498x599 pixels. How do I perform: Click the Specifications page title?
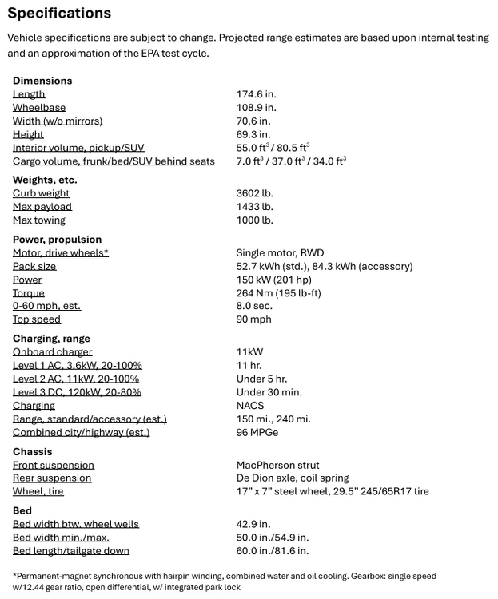point(59,14)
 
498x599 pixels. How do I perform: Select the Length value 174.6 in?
point(256,94)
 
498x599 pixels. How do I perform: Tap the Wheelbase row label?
point(39,108)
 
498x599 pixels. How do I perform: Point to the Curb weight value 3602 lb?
point(254,193)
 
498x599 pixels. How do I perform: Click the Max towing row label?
point(38,220)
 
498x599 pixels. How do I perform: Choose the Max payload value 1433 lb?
point(254,207)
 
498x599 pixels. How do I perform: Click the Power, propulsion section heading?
point(57,240)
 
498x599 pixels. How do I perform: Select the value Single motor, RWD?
point(280,253)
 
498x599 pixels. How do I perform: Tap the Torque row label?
point(28,293)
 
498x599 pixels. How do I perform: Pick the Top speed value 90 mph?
point(253,319)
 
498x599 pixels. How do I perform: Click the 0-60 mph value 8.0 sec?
point(253,306)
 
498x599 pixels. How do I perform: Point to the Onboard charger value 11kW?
point(249,352)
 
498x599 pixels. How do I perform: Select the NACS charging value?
point(251,406)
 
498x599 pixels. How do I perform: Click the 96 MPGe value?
point(257,433)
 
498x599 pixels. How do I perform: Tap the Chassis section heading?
point(32,452)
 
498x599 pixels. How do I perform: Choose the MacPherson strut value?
point(277,465)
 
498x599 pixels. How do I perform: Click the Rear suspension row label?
point(52,478)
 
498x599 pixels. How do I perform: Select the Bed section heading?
point(22,511)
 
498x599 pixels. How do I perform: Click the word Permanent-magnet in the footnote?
point(52,576)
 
